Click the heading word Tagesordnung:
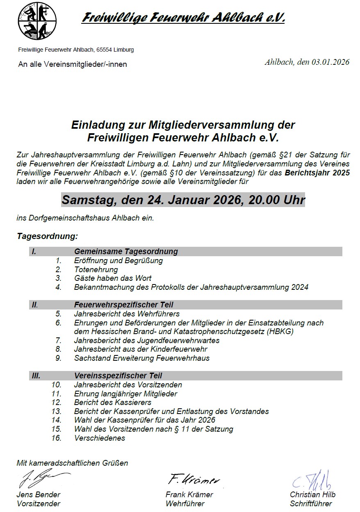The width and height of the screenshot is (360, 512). coord(47,237)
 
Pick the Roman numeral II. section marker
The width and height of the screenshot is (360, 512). coord(35,305)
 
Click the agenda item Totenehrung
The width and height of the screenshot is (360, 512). coord(96,269)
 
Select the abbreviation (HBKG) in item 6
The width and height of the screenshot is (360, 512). coord(280,332)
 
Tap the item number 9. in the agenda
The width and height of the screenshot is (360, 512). coord(59,358)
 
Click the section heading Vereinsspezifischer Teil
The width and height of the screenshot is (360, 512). coord(118,375)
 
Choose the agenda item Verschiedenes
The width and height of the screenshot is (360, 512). coord(100,438)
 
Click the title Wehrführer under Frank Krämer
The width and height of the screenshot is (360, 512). coord(185,504)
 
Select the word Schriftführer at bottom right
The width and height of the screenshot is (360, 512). coord(311,504)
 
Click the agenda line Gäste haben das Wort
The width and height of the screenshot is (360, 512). coord(113,278)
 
